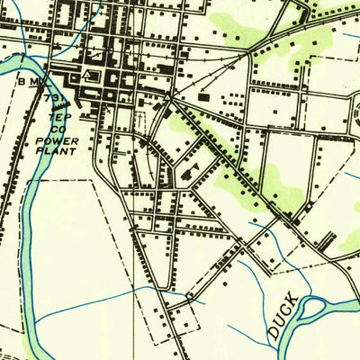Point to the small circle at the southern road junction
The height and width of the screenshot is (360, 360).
189,296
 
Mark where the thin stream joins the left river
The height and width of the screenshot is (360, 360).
36,320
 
